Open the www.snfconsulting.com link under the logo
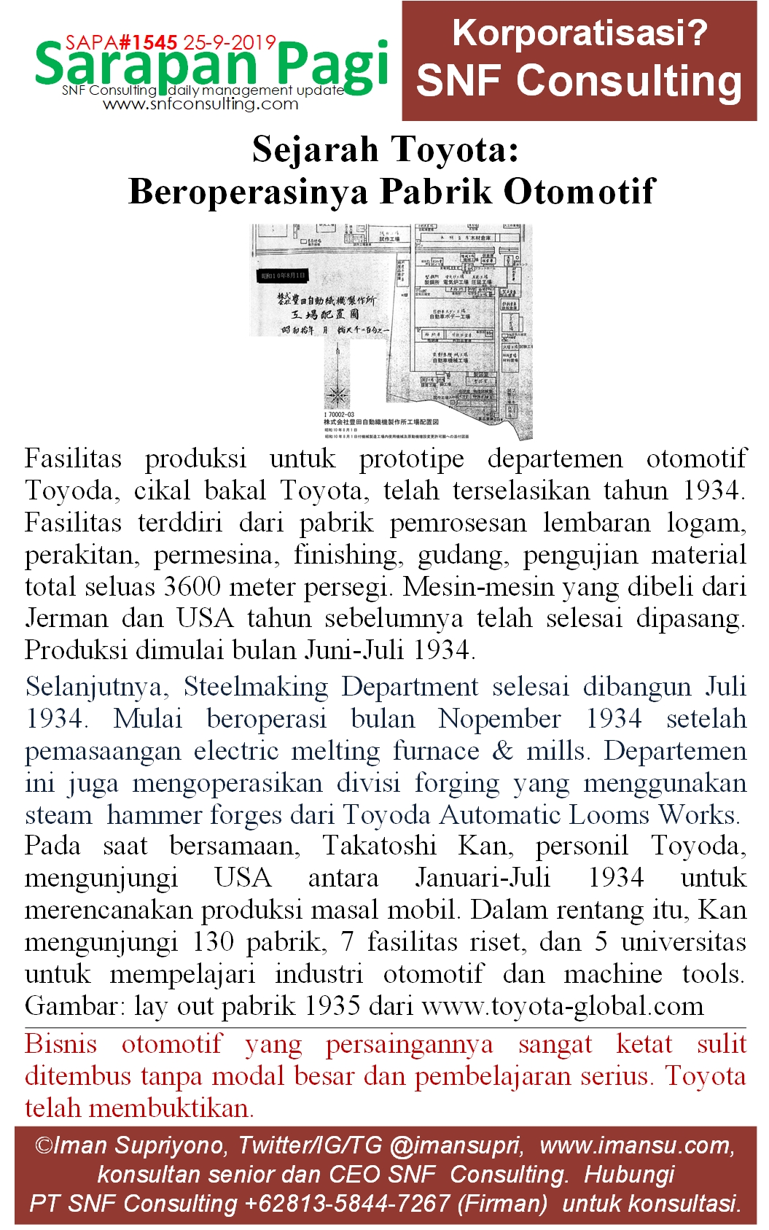pyautogui.click(x=200, y=104)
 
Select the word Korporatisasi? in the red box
pyautogui.click(x=579, y=33)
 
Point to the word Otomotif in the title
pyautogui.click(x=579, y=192)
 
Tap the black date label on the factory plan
pyautogui.click(x=284, y=276)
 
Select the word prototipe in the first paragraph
pyautogui.click(x=411, y=459)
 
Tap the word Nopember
pyautogui.click(x=499, y=719)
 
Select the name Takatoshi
pyautogui.click(x=379, y=846)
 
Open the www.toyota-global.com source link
pyautogui.click(x=562, y=1006)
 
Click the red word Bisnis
pyautogui.click(x=60, y=1043)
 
